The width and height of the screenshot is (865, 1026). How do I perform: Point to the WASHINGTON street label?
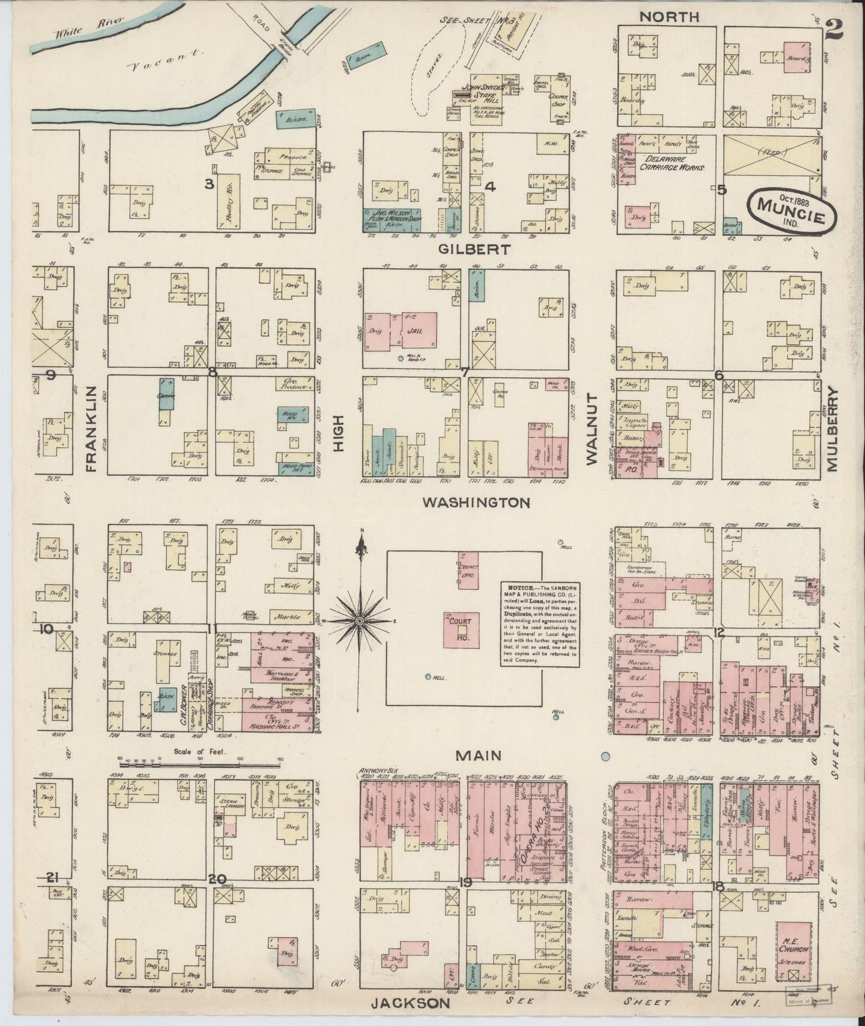476,503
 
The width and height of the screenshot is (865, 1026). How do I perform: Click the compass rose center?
359,623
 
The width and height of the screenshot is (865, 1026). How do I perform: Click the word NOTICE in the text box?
517,588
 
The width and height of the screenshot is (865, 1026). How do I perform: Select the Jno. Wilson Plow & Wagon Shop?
392,214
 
